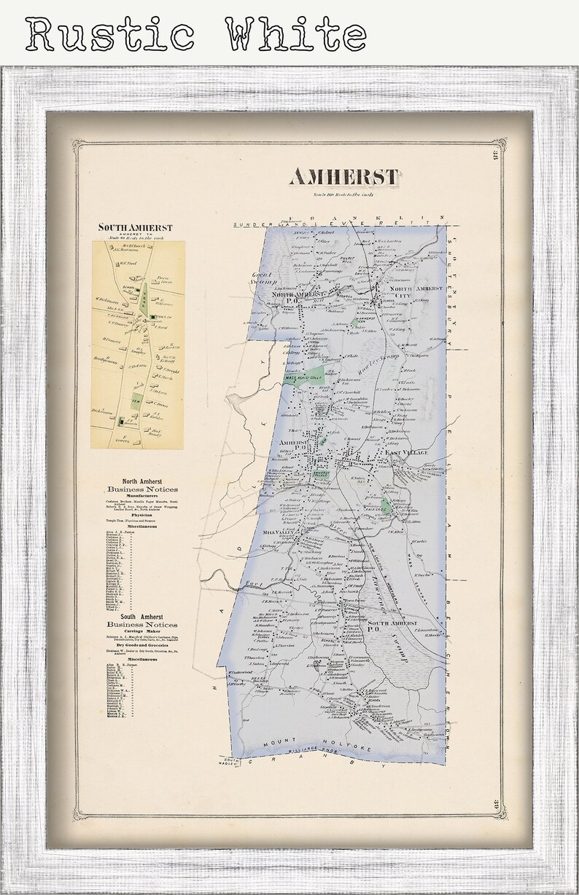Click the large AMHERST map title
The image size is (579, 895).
(x=344, y=177)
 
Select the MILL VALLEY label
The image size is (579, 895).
(x=278, y=533)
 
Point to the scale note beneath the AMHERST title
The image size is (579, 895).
(x=343, y=194)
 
